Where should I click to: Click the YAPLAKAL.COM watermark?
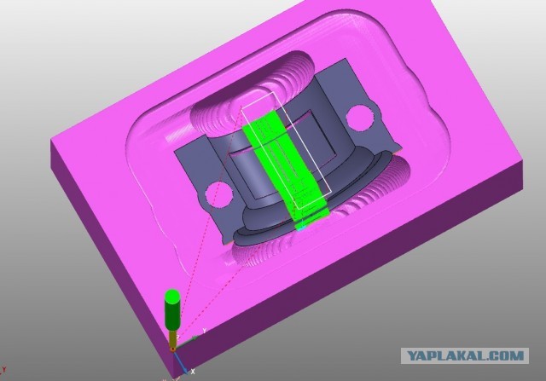pos(465,356)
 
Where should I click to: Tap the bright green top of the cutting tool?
pos(172,297)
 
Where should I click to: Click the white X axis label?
pos(193,372)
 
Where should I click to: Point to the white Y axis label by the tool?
pos(205,331)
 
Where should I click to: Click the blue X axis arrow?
pos(181,362)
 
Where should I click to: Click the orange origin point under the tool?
pos(172,349)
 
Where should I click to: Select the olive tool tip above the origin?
pos(172,338)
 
